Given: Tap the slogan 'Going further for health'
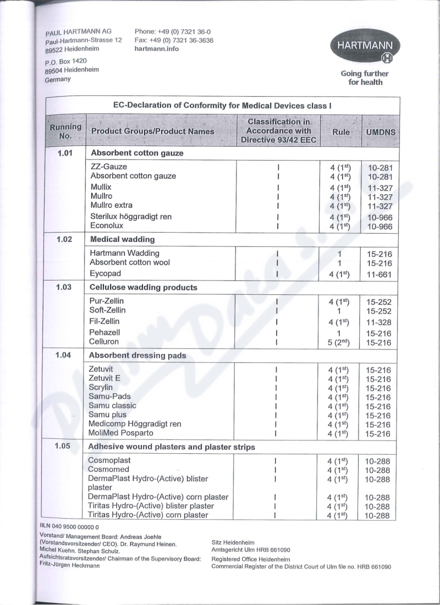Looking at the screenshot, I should tap(364, 78).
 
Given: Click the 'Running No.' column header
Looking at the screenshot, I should tap(65, 131).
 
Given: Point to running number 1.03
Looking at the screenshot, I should tap(65, 287).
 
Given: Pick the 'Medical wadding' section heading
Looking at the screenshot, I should tap(123, 239).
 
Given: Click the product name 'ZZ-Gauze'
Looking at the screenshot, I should tap(109, 166).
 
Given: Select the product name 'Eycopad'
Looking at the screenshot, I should tap(106, 273).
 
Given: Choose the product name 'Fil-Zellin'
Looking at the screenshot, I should tap(105, 321).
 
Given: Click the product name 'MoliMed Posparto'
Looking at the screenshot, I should tap(121, 433).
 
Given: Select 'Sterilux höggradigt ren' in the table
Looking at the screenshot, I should tap(131, 217).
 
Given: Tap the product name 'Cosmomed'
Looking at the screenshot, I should tap(109, 469).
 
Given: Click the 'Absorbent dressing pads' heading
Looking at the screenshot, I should tap(137, 355).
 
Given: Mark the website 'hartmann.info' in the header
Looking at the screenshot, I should tap(157, 48).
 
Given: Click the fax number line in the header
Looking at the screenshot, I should tap(174, 40).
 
